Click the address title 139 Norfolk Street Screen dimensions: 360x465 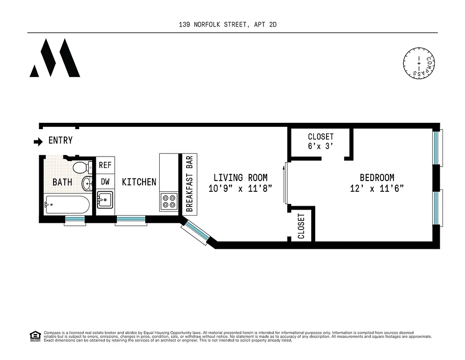pyautogui.click(x=228, y=25)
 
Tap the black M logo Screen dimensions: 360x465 pyautogui.click(x=55, y=58)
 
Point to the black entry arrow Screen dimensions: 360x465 pyautogui.click(x=38, y=141)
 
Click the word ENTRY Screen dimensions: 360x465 pyautogui.click(x=60, y=141)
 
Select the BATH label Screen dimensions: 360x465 pyautogui.click(x=62, y=182)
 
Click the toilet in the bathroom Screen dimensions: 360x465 pyautogui.click(x=80, y=167)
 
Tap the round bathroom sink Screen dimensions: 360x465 pyautogui.click(x=87, y=183)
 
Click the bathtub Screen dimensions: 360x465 pyautogui.click(x=67, y=206)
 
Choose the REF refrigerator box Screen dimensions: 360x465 pyautogui.click(x=105, y=165)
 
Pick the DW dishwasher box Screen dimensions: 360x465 pyautogui.click(x=105, y=182)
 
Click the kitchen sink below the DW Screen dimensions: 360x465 pyautogui.click(x=105, y=199)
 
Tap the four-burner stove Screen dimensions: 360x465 pyautogui.click(x=169, y=201)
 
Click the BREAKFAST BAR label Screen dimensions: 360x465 pyautogui.click(x=189, y=184)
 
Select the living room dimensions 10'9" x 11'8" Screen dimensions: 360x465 pyautogui.click(x=240, y=189)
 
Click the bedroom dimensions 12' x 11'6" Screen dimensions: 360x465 pyautogui.click(x=377, y=189)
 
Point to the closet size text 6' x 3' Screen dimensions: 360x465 pyautogui.click(x=321, y=146)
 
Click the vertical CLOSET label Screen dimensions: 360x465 pyautogui.click(x=301, y=226)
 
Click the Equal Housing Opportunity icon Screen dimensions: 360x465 pyautogui.click(x=35, y=336)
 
